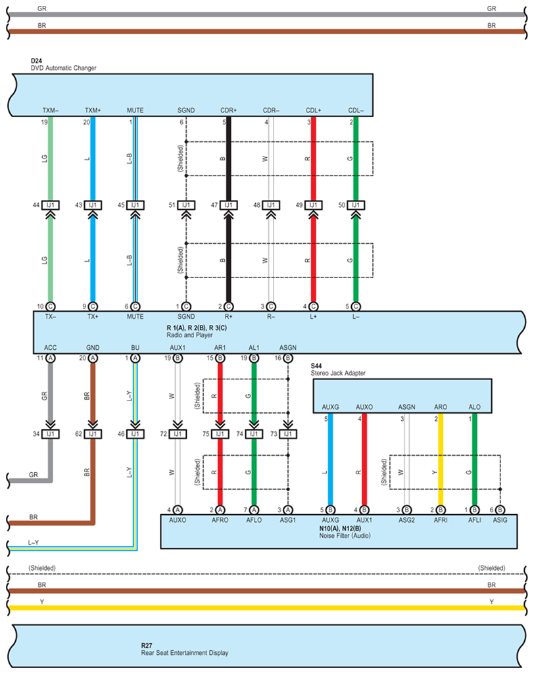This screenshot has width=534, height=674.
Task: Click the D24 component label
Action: tap(36, 60)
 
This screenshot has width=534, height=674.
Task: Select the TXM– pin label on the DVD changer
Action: tap(51, 110)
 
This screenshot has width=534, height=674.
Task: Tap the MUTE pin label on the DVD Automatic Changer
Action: tap(135, 110)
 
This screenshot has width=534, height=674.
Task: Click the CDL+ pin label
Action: tap(313, 110)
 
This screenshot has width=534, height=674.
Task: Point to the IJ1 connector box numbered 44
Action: tap(51, 205)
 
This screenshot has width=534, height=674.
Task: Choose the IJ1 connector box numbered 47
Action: tap(228, 205)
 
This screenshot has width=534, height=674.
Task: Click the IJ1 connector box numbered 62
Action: tap(93, 434)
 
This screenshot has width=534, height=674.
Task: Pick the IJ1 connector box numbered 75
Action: tap(220, 434)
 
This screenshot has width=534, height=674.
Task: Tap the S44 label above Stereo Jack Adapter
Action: tap(318, 366)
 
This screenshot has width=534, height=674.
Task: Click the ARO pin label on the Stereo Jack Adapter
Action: tap(441, 407)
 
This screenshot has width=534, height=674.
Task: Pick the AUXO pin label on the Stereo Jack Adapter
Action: tap(364, 407)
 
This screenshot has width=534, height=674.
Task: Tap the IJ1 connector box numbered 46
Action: tap(135, 434)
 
